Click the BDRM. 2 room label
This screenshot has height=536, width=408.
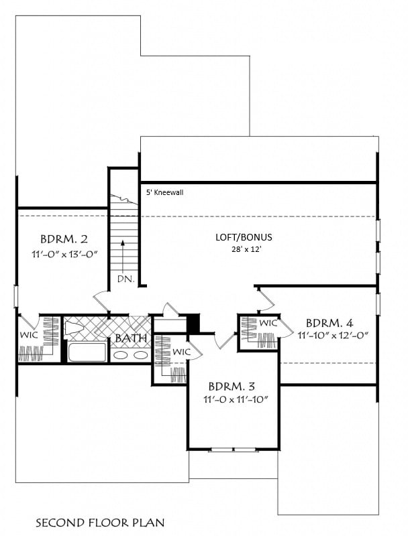pyautogui.click(x=64, y=239)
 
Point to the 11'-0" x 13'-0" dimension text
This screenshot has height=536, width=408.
pyautogui.click(x=65, y=255)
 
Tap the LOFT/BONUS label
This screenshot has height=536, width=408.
pyautogui.click(x=244, y=237)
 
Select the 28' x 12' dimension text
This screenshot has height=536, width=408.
pyautogui.click(x=246, y=249)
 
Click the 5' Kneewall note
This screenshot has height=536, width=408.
pyautogui.click(x=164, y=192)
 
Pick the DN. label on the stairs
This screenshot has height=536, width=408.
pyautogui.click(x=126, y=279)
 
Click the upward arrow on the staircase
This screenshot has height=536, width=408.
pyautogui.click(x=122, y=257)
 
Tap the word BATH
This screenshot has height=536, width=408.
pyautogui.click(x=131, y=338)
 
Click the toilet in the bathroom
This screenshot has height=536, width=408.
pyautogui.click(x=74, y=329)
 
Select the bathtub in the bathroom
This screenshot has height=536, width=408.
pyautogui.click(x=87, y=352)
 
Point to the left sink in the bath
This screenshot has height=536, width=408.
pyautogui.click(x=121, y=356)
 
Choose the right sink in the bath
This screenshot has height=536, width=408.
pyautogui.click(x=140, y=356)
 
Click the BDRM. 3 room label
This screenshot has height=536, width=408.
pyautogui.click(x=232, y=387)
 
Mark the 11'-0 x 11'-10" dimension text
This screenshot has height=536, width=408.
pyautogui.click(x=235, y=399)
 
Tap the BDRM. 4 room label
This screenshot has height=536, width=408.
pyautogui.click(x=329, y=323)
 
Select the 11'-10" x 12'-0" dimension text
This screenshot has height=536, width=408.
pyautogui.click(x=333, y=336)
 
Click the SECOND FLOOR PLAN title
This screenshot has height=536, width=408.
pyautogui.click(x=100, y=523)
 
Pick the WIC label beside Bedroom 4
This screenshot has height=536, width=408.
pyautogui.click(x=268, y=323)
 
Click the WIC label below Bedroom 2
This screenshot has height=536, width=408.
pyautogui.click(x=29, y=334)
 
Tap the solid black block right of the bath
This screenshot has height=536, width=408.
pyautogui.click(x=193, y=323)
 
